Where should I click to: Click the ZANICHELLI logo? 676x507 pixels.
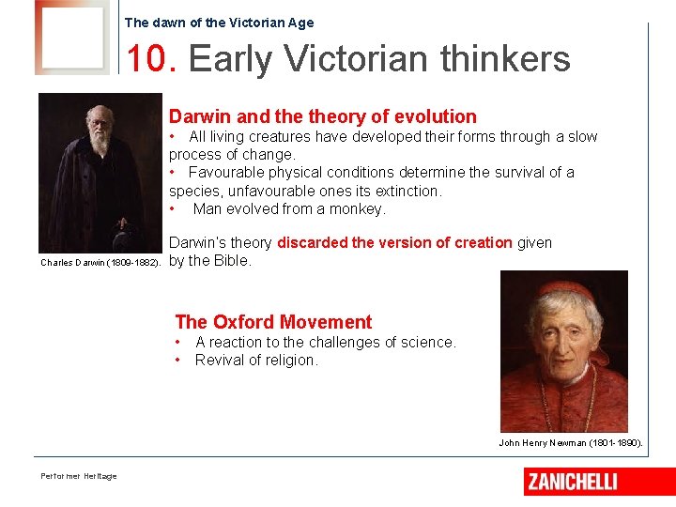(x=572, y=482)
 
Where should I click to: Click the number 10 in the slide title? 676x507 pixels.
(x=146, y=59)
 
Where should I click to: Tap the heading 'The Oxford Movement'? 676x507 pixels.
(x=273, y=322)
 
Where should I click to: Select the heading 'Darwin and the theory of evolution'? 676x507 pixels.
(x=322, y=116)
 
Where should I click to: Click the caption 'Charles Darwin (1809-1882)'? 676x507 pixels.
(x=100, y=263)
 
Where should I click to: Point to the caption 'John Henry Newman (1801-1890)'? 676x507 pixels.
(x=570, y=442)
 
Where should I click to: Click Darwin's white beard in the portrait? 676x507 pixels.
(x=99, y=143)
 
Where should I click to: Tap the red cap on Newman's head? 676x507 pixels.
(x=562, y=287)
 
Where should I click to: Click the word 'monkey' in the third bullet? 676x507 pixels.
(x=356, y=208)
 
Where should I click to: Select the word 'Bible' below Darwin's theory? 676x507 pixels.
(x=231, y=261)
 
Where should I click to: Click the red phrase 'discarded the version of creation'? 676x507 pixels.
(x=394, y=242)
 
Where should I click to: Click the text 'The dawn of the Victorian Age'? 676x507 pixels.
(x=219, y=23)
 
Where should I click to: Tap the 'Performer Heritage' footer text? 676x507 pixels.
(x=79, y=476)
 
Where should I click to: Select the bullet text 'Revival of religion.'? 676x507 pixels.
(x=256, y=360)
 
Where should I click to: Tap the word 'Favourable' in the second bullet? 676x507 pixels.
(x=225, y=172)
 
